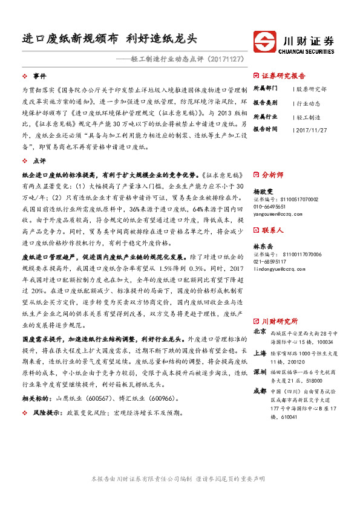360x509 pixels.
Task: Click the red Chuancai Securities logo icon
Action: (266, 41)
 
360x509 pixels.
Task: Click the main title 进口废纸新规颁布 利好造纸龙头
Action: (107, 39)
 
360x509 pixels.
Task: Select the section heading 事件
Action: (39, 77)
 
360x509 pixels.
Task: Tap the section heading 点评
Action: (39, 161)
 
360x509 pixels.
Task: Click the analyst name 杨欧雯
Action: (264, 190)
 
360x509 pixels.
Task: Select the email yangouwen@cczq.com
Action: (279, 213)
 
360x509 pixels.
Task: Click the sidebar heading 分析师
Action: (272, 175)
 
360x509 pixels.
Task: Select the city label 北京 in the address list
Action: (260, 332)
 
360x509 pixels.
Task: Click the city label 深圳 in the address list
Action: (260, 371)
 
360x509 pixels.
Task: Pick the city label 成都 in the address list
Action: (260, 391)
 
